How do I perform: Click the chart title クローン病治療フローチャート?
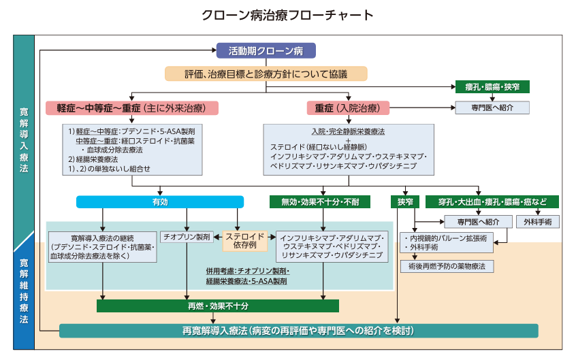tap(287, 14)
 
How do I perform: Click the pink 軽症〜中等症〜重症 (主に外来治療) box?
tap(132, 108)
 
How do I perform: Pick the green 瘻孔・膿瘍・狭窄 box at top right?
tap(492, 87)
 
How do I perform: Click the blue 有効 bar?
tap(159, 202)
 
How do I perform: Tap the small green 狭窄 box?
tap(405, 202)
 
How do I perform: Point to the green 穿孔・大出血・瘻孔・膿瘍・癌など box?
tap(492, 202)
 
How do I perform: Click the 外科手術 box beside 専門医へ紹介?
tap(538, 221)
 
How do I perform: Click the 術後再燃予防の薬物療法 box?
tap(447, 266)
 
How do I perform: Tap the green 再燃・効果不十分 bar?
tap(217, 306)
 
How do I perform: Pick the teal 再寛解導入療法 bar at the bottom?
tap(298, 331)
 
